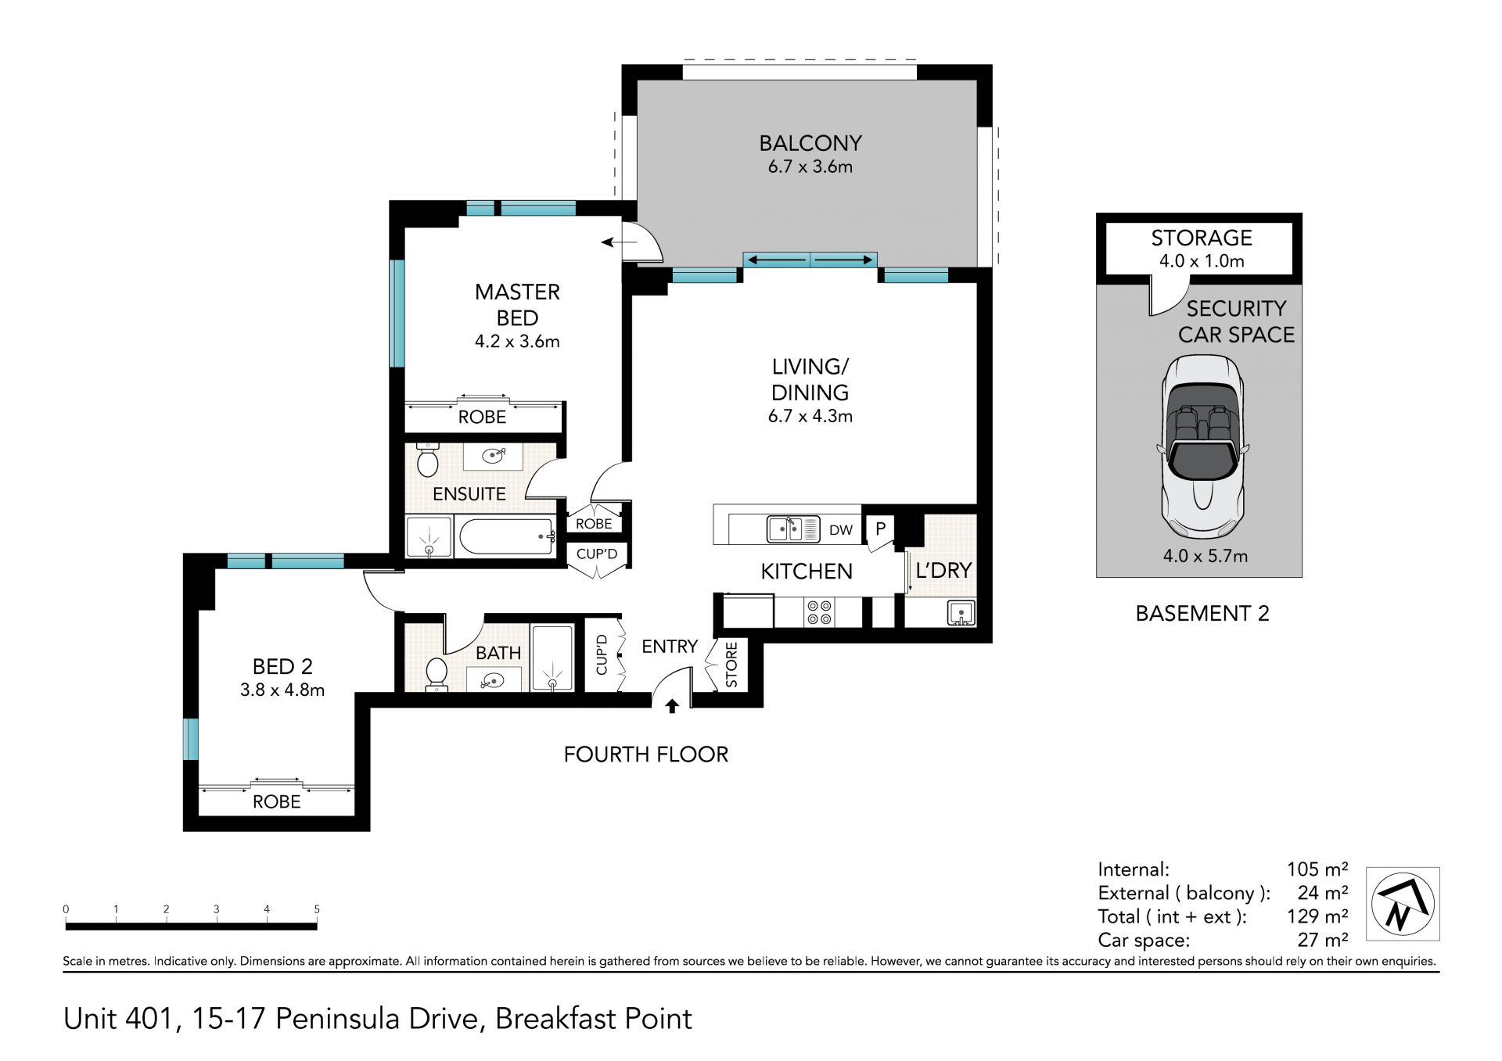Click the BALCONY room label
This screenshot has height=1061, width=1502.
tap(810, 143)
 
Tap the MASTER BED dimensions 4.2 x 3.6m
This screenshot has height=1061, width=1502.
tap(517, 342)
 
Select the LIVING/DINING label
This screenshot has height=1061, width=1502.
tap(810, 379)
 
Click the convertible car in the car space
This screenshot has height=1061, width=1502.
tap(1202, 447)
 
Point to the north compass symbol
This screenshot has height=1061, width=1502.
tap(1403, 904)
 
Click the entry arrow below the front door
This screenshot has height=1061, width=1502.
tap(672, 706)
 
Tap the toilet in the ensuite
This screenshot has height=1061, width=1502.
tap(427, 459)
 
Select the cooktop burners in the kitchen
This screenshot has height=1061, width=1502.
tap(819, 612)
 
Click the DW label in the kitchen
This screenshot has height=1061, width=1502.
tap(841, 530)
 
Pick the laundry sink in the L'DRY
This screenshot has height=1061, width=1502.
tap(961, 612)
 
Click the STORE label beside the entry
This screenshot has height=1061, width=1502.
tap(731, 665)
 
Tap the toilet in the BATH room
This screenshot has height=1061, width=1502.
tap(436, 674)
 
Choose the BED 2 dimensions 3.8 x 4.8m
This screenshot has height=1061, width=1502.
tap(282, 690)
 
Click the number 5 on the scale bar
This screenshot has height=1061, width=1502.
tap(317, 909)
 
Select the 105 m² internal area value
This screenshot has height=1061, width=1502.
tap(1317, 869)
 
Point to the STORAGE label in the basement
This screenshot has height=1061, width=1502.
tap(1202, 238)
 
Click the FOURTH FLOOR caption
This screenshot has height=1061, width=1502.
tap(646, 755)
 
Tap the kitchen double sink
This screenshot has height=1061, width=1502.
tap(793, 529)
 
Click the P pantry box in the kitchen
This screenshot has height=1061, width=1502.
tap(880, 529)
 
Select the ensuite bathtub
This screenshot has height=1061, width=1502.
tap(507, 537)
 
